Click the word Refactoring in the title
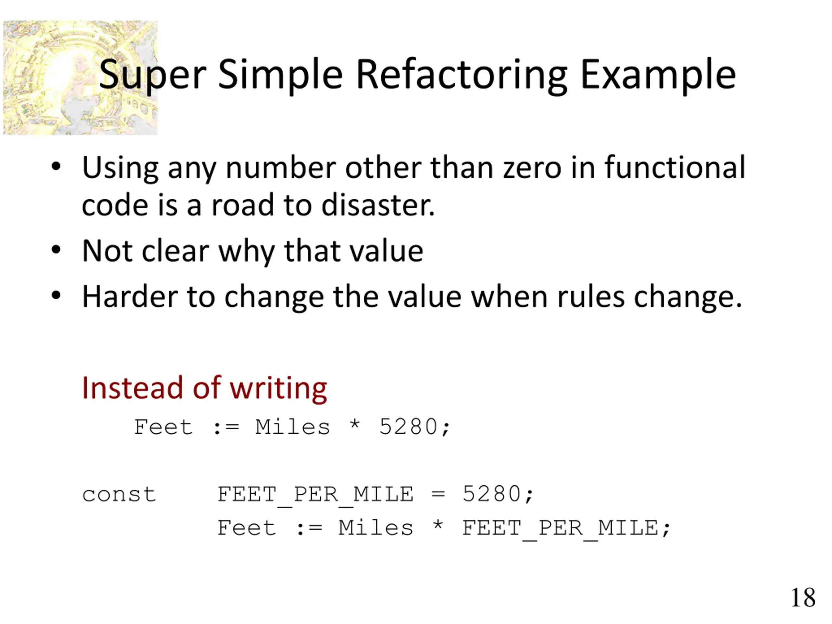(x=461, y=75)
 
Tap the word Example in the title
(x=658, y=75)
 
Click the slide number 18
(x=803, y=597)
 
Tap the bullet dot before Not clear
(x=56, y=250)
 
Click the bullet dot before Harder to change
(x=56, y=296)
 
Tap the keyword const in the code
(x=119, y=494)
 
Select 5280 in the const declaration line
(x=492, y=494)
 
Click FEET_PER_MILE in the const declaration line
(x=315, y=495)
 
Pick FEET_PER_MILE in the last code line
(x=560, y=528)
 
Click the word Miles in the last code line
(x=375, y=528)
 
